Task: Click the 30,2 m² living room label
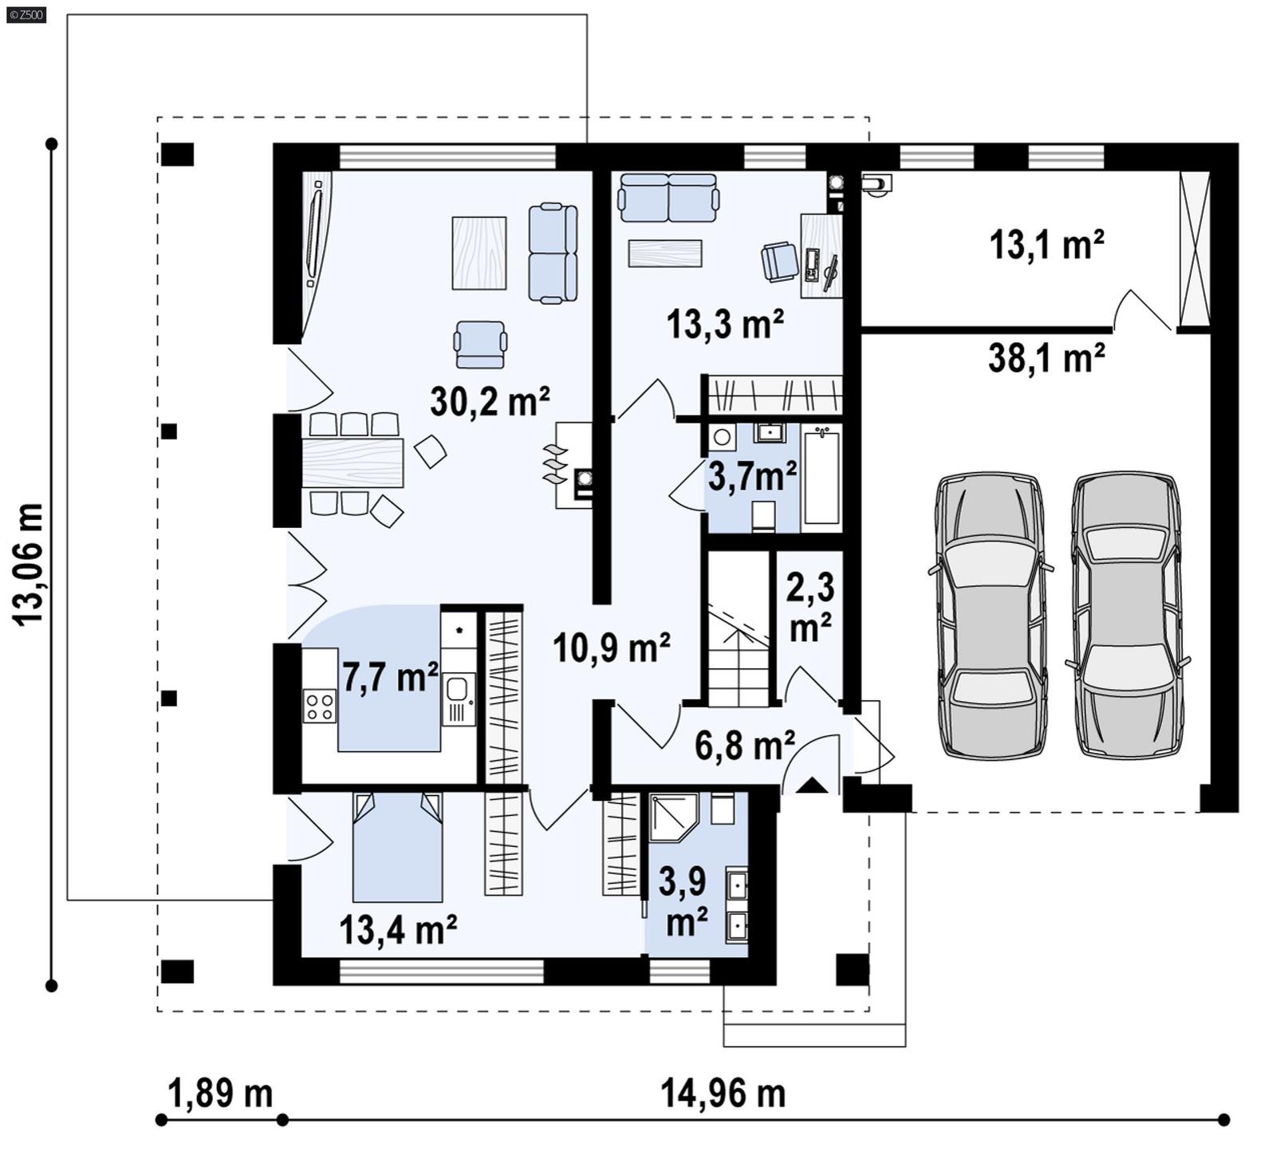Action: click(489, 400)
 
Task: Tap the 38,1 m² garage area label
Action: click(1046, 358)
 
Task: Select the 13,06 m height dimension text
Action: click(29, 564)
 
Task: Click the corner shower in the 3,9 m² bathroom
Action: click(672, 816)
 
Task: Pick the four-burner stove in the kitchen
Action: click(320, 706)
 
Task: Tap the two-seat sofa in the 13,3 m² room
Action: click(668, 198)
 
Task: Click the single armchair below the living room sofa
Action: click(480, 345)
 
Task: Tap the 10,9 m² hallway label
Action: click(611, 648)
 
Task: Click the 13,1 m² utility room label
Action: click(1046, 244)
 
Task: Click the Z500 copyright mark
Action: click(26, 14)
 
